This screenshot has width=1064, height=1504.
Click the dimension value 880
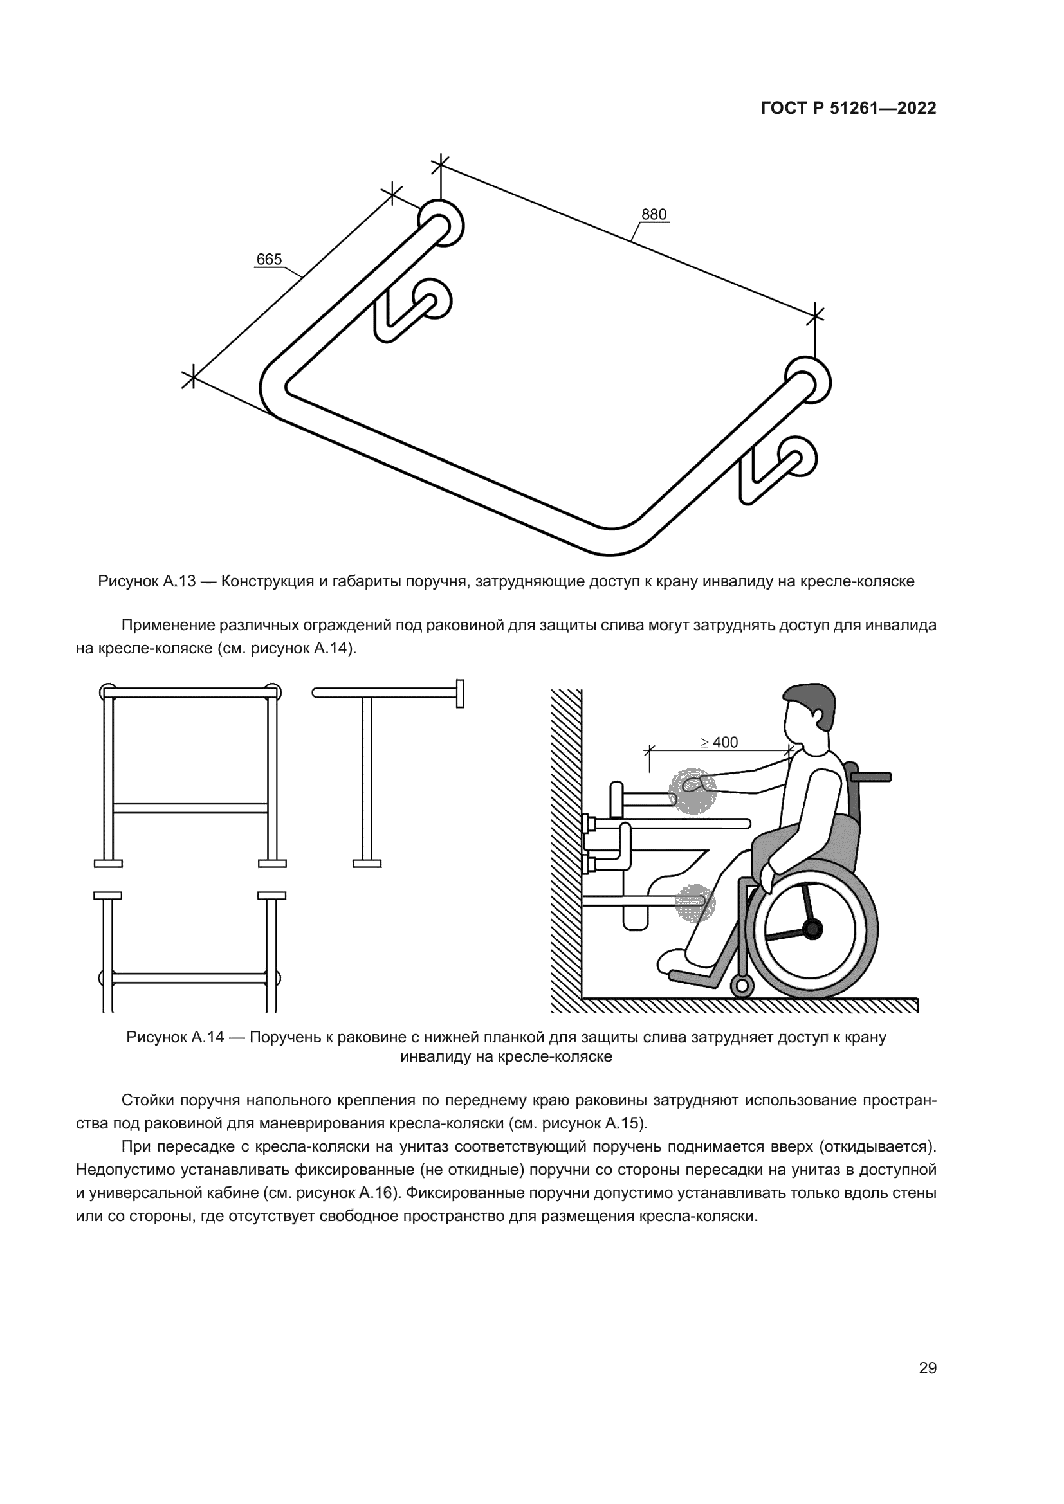(x=653, y=214)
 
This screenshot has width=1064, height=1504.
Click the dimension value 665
(x=269, y=259)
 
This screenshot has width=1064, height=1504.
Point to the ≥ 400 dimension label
(x=719, y=742)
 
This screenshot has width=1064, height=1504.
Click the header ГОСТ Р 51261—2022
(x=848, y=109)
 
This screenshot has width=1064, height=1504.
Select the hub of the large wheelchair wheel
(x=812, y=929)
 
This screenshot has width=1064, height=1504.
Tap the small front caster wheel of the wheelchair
(x=742, y=985)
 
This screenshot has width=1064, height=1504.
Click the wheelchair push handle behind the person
(x=872, y=777)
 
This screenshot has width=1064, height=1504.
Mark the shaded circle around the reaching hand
(x=692, y=791)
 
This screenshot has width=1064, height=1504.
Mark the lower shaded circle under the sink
(x=695, y=903)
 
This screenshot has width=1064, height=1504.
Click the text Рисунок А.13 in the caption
(x=147, y=581)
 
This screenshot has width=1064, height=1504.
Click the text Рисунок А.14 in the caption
(x=175, y=1037)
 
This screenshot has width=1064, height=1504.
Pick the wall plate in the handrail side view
(x=460, y=694)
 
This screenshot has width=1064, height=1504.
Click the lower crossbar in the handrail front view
(x=190, y=808)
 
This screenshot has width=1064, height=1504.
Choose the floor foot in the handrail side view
(x=367, y=864)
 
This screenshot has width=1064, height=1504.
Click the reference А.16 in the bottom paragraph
(x=377, y=1193)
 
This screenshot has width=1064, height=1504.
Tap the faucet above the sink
(x=618, y=799)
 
